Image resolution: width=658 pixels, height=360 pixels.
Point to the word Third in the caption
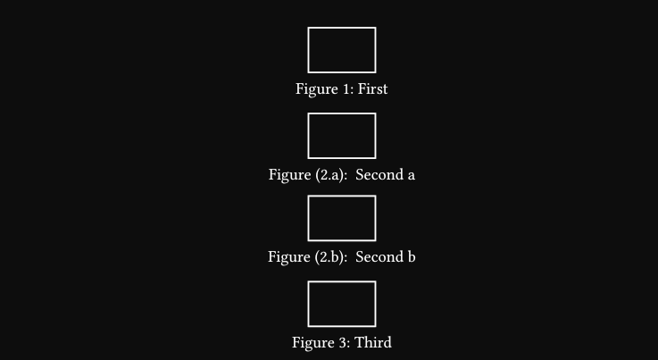click(373, 342)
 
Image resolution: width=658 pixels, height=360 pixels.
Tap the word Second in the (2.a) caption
click(379, 174)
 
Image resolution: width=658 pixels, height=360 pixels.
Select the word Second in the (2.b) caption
click(379, 256)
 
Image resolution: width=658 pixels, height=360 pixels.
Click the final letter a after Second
click(412, 176)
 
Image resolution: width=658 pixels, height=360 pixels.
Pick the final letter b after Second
click(412, 256)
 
